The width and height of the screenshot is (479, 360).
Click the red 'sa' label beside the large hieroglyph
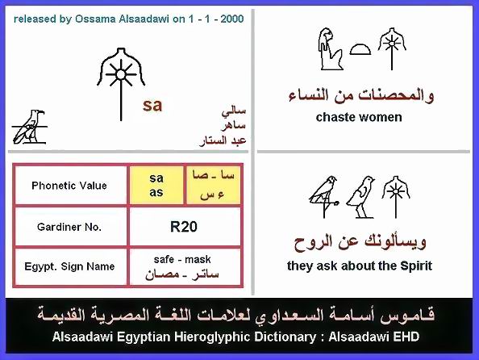[152, 105]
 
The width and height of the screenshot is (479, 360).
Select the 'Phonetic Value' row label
[69, 186]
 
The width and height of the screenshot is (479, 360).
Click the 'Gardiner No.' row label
[69, 227]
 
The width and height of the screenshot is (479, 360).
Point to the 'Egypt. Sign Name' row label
[69, 266]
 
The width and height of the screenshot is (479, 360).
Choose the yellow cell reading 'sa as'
[156, 185]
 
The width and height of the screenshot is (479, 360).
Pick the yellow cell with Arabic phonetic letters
[213, 185]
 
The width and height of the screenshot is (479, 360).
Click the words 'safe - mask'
[182, 260]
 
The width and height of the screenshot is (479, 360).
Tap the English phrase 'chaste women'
[359, 117]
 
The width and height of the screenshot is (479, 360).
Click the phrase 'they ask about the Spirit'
[360, 266]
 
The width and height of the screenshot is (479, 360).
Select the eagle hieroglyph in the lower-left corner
[30, 127]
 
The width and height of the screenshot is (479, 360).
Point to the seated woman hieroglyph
[329, 49]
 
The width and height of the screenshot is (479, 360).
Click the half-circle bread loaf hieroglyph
[360, 49]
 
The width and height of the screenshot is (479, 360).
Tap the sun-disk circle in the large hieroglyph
[121, 74]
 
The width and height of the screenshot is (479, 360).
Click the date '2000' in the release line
[232, 19]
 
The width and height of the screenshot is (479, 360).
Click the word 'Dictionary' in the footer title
[285, 337]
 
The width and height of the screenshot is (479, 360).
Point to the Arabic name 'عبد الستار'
[223, 140]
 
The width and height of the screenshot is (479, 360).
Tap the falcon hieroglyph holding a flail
[324, 197]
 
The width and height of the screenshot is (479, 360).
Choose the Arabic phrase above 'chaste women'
[361, 96]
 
